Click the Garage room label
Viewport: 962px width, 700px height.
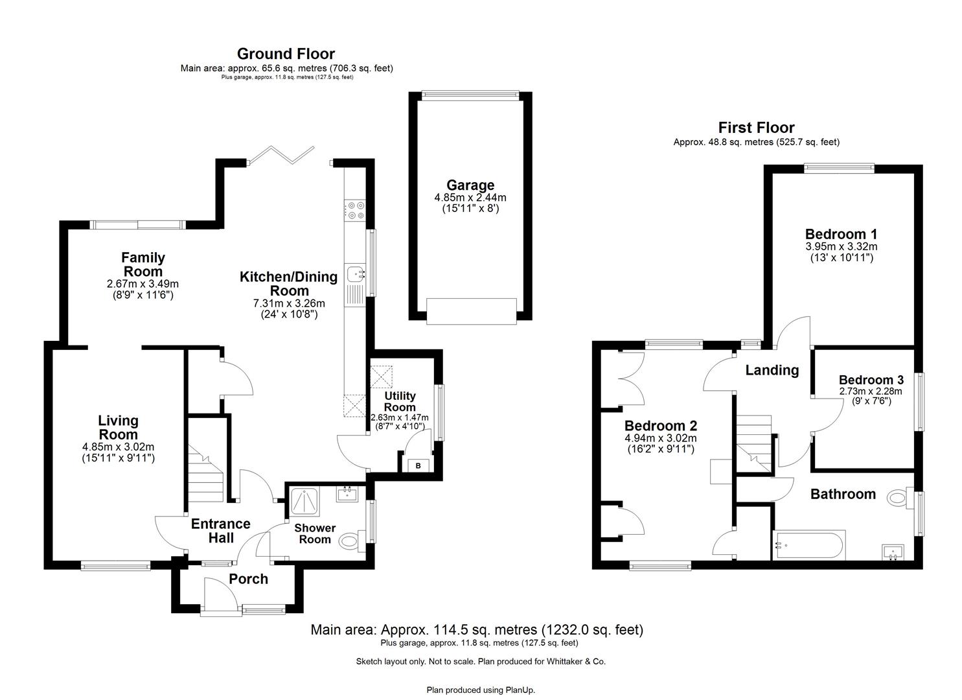470,185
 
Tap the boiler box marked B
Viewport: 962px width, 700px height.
418,465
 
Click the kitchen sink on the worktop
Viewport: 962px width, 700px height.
356,275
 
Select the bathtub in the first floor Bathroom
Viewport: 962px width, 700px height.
808,545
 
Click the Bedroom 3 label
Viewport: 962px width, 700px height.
870,380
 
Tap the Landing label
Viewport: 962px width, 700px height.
772,370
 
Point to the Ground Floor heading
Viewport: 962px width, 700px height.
286,54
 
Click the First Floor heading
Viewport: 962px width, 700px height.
756,128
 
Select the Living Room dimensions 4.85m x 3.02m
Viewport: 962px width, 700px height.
118,447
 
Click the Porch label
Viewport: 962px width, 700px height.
248,579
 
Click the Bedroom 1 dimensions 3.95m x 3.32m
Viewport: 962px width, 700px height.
841,247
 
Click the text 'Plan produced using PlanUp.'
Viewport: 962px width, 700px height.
481,690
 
